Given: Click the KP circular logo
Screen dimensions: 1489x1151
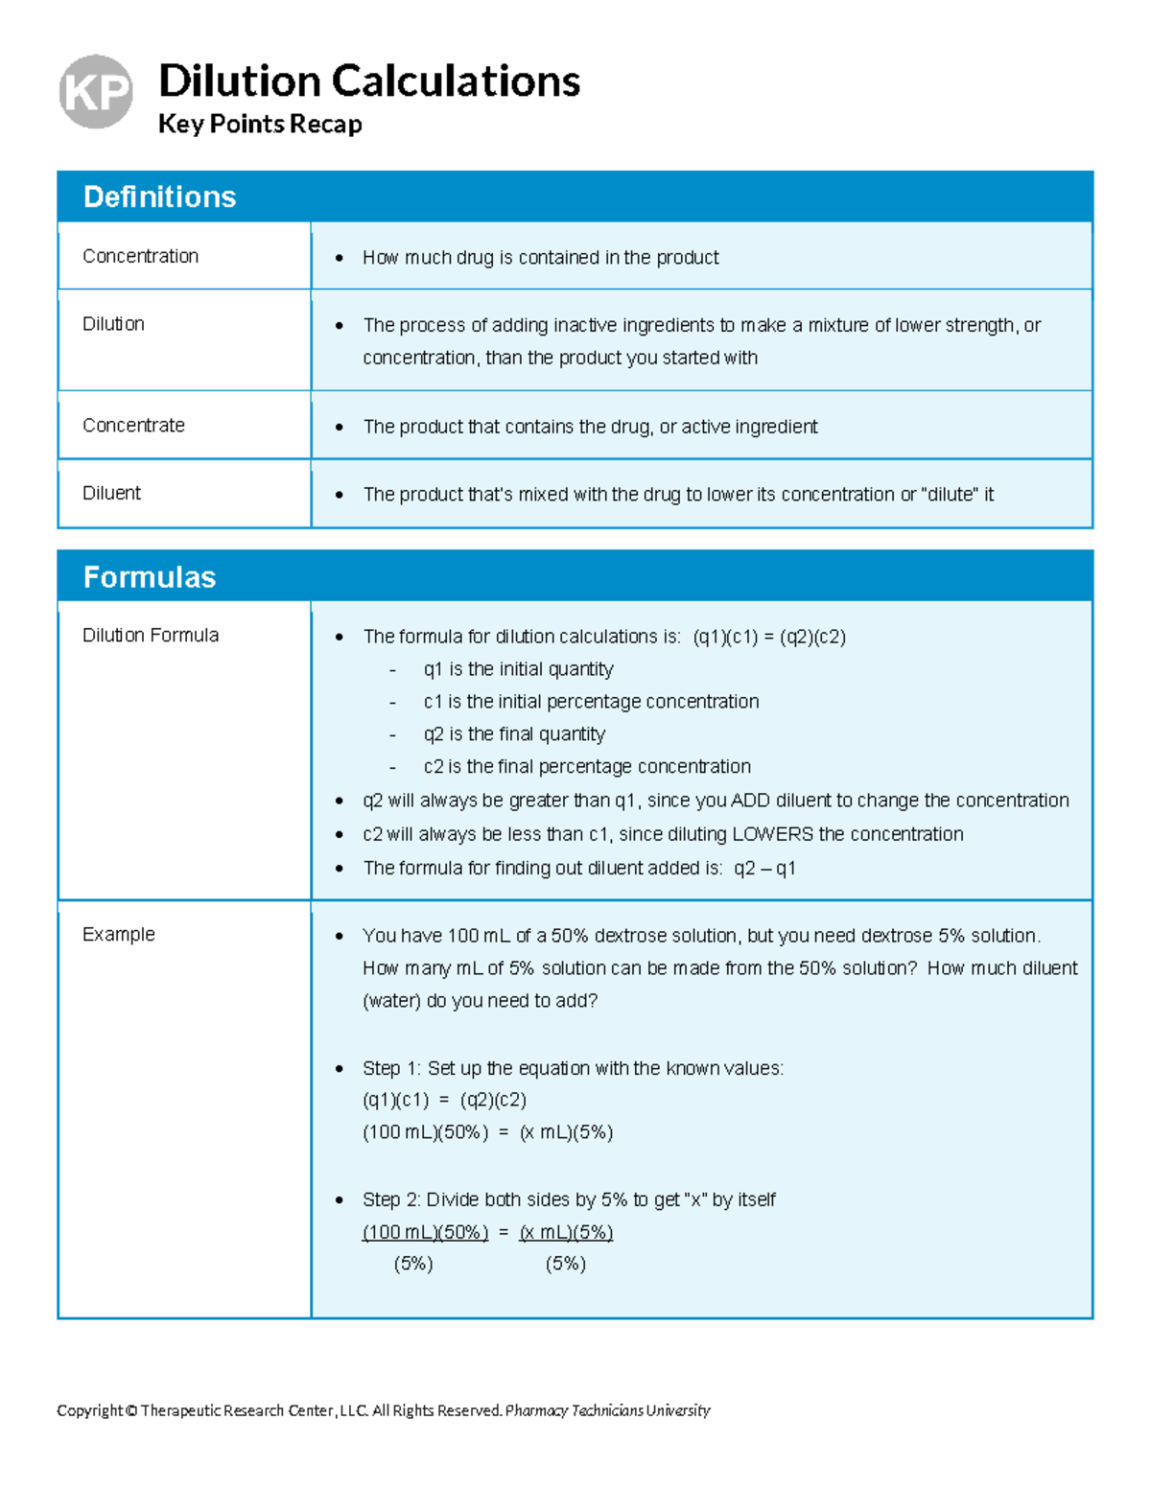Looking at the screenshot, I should pyautogui.click(x=96, y=92).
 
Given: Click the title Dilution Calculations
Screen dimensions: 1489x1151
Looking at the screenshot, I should pyautogui.click(x=368, y=81).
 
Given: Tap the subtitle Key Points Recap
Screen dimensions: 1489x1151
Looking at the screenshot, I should pyautogui.click(x=260, y=124).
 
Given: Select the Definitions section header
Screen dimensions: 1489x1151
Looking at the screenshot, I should pyautogui.click(x=159, y=197).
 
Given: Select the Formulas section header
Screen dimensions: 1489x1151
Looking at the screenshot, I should pyautogui.click(x=150, y=577).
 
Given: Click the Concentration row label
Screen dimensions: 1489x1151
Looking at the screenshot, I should pyautogui.click(x=140, y=256).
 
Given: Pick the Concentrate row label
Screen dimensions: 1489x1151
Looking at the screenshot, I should pyautogui.click(x=133, y=425).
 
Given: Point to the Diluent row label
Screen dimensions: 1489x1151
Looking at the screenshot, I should pyautogui.click(x=111, y=493).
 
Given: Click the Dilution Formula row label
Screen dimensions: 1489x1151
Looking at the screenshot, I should pyautogui.click(x=151, y=635).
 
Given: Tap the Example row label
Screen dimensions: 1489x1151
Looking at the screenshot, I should pyautogui.click(x=118, y=934).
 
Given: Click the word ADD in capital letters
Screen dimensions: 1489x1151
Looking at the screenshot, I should pyautogui.click(x=750, y=801).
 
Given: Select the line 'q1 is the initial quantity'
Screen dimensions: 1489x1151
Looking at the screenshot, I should pyautogui.click(x=518, y=669).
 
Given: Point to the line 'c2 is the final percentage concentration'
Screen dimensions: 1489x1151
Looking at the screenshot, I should pyautogui.click(x=587, y=767).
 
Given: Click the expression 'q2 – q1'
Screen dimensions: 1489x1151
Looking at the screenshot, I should pyautogui.click(x=764, y=869).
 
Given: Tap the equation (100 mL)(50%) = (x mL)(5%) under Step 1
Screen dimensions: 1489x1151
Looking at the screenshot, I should pyautogui.click(x=487, y=1132).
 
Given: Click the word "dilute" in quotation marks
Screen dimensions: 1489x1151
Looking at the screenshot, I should pyautogui.click(x=950, y=495).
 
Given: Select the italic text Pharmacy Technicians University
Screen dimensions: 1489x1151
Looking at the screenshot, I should pyautogui.click(x=607, y=1410).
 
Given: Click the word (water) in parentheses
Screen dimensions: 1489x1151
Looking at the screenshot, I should pyautogui.click(x=391, y=1001).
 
